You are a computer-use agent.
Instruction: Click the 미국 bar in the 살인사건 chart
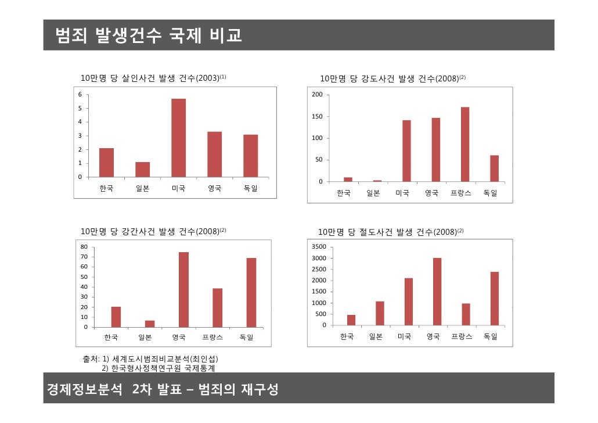click(x=178, y=138)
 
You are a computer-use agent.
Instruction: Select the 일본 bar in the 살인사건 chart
click(x=142, y=169)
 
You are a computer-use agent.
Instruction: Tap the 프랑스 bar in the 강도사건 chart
click(x=464, y=144)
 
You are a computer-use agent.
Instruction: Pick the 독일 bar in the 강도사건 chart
click(x=494, y=169)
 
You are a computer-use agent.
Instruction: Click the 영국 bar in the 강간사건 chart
click(x=183, y=289)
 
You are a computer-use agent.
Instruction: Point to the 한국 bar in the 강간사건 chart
click(x=116, y=317)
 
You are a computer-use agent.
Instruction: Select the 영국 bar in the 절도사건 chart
click(x=437, y=291)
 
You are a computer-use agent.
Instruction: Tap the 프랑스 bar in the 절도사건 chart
click(x=466, y=314)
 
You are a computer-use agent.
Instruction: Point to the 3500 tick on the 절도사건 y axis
click(x=319, y=247)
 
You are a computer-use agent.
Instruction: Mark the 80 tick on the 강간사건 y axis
click(x=84, y=247)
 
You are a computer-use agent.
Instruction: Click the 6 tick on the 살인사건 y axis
click(x=80, y=94)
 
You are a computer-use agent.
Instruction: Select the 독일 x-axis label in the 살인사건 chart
click(x=250, y=189)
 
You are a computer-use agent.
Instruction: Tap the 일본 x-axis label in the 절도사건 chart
click(x=376, y=337)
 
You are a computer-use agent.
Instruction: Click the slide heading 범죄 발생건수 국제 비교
click(x=148, y=35)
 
